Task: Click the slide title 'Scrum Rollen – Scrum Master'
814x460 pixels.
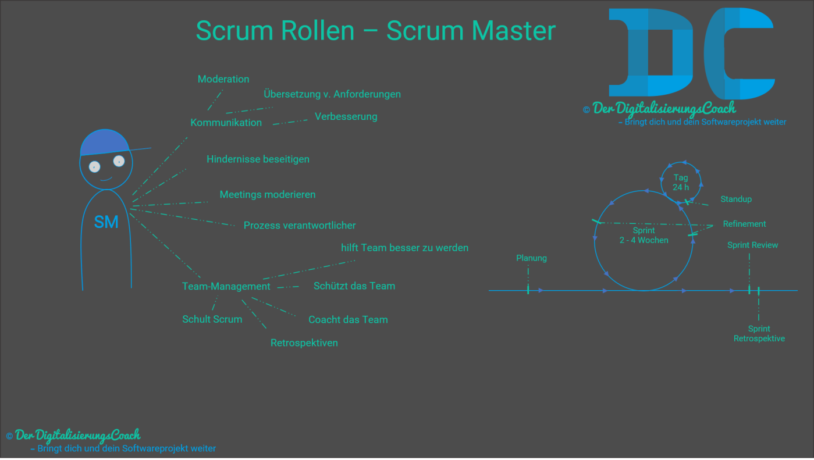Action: [x=376, y=31]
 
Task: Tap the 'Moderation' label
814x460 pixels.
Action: [x=223, y=79]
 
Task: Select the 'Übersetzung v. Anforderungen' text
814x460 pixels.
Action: [x=332, y=94]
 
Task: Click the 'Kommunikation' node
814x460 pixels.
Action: [x=226, y=123]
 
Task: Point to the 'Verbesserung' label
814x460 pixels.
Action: [x=346, y=116]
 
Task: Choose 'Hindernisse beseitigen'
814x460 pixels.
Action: [x=258, y=159]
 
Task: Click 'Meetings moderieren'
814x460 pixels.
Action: [x=267, y=194]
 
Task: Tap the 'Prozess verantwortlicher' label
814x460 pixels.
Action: [x=299, y=225]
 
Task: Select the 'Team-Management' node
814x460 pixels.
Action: [x=226, y=286]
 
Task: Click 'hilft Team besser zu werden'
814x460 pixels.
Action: [x=404, y=248]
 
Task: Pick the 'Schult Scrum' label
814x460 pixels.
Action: [x=212, y=319]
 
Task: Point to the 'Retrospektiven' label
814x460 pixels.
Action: [x=304, y=343]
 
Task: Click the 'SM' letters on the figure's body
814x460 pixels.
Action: [x=106, y=222]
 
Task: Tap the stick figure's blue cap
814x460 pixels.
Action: [x=104, y=142]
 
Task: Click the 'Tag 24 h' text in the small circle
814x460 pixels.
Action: [x=681, y=183]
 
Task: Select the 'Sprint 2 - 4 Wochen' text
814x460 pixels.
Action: [x=644, y=236]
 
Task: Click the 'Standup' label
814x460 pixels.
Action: [x=735, y=199]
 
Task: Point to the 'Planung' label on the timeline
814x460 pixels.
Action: [x=531, y=258]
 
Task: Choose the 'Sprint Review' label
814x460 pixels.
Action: [x=752, y=245]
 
